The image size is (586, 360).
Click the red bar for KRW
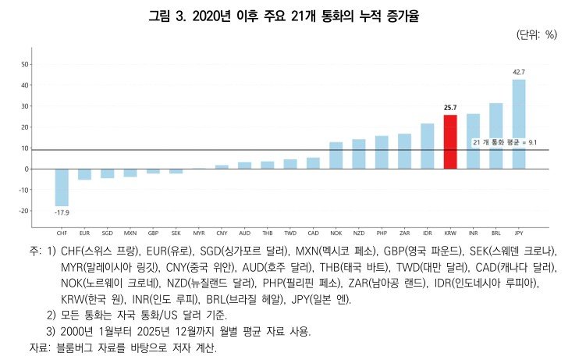[x=450, y=141]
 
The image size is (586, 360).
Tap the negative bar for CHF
[x=62, y=187]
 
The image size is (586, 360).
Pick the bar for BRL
[x=495, y=135]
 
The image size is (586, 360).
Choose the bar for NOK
[x=336, y=155]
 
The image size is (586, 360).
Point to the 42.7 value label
[x=519, y=72]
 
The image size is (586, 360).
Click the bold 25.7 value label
[x=450, y=108]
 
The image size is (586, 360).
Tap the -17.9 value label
[x=62, y=212]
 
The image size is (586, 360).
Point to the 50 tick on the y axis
[x=25, y=64]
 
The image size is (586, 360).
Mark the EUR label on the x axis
[x=84, y=233]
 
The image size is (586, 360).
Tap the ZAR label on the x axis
[x=405, y=233]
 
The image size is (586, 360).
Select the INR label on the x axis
[x=473, y=233]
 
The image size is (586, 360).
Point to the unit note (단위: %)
[x=536, y=34]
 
